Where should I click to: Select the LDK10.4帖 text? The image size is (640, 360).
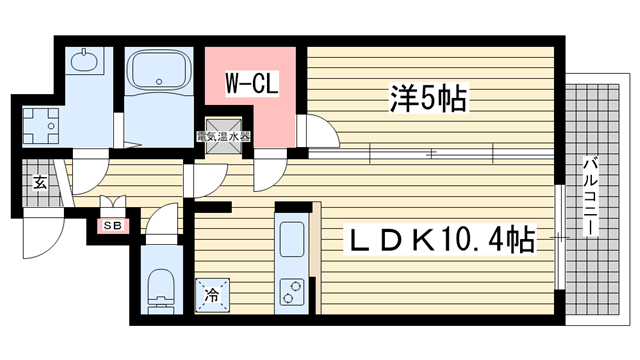coord(439,240)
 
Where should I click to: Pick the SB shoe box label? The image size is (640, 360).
coord(109,226)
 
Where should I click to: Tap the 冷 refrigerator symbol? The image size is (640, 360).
coord(212,295)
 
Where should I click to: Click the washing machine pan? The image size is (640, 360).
coord(42,124)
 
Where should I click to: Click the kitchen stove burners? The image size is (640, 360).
coord(293,291)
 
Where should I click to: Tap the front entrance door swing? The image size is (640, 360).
coord(40,235)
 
